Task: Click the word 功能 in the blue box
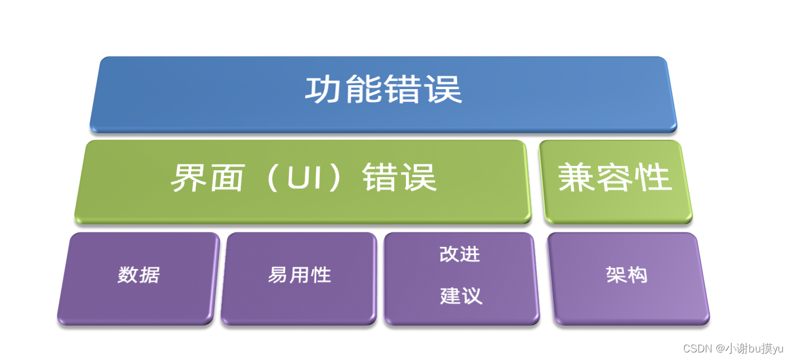coord(344,91)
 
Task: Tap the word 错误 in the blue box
coord(423,91)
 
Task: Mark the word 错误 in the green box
coord(399,178)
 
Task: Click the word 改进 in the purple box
coord(460,255)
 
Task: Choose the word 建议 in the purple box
coord(461,296)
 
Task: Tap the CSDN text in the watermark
coord(698,348)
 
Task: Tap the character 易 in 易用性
coord(278,275)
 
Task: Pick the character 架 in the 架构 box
coord(616,275)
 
